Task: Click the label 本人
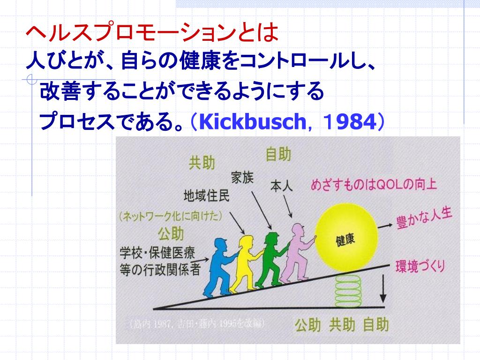(281, 186)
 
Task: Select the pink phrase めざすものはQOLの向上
(374, 184)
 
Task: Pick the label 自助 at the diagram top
(278, 154)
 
